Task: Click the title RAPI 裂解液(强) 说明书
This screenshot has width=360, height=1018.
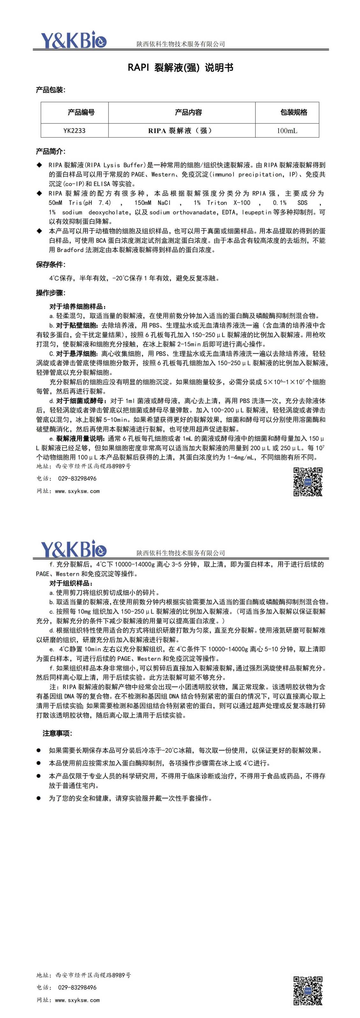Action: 180,68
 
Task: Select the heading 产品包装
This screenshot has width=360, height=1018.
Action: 50,90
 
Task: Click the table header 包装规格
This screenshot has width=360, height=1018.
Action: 294,112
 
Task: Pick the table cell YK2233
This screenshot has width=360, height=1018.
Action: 74,131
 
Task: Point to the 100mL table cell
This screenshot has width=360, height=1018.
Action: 287,131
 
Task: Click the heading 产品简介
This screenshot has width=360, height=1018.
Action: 50,152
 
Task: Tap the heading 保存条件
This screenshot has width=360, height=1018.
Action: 50,265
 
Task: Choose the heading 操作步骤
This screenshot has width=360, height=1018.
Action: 50,293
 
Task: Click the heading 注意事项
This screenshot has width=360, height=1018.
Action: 57,734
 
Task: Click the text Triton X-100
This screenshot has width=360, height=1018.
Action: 228,203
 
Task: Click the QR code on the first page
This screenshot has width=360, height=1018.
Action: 308,482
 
